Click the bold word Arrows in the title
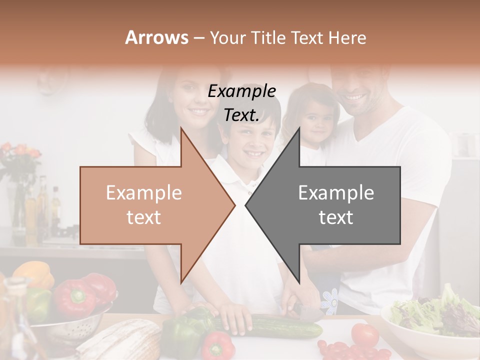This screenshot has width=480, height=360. click(156, 37)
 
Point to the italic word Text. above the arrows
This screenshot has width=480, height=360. click(241, 115)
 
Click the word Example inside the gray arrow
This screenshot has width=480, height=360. click(336, 192)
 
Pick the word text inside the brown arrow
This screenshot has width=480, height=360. click(144, 217)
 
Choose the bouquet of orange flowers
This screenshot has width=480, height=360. click(20, 155)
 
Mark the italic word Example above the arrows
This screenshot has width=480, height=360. click(242, 91)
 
